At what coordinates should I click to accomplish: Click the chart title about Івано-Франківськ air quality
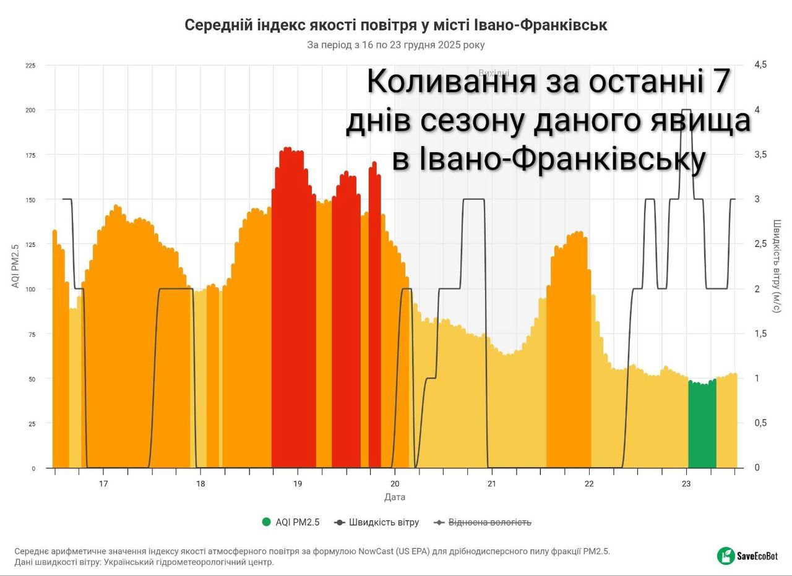pyautogui.click(x=396, y=25)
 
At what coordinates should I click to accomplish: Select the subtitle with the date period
pyautogui.click(x=396, y=45)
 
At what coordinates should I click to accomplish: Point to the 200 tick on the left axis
pyautogui.click(x=30, y=110)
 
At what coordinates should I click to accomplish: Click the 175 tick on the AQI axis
pyautogui.click(x=30, y=155)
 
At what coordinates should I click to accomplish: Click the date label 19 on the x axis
pyautogui.click(x=298, y=484)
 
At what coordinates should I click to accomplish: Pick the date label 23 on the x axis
pyautogui.click(x=686, y=484)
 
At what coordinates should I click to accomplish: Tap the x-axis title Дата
pyautogui.click(x=395, y=497)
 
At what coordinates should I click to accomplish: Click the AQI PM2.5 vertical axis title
pyautogui.click(x=15, y=266)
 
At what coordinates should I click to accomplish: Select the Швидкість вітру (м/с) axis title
pyautogui.click(x=777, y=266)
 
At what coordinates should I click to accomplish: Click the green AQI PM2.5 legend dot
pyautogui.click(x=267, y=522)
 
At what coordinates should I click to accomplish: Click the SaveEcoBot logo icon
pyautogui.click(x=726, y=556)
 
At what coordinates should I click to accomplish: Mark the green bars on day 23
pyautogui.click(x=702, y=427)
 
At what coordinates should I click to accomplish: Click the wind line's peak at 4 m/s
pyautogui.click(x=686, y=110)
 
